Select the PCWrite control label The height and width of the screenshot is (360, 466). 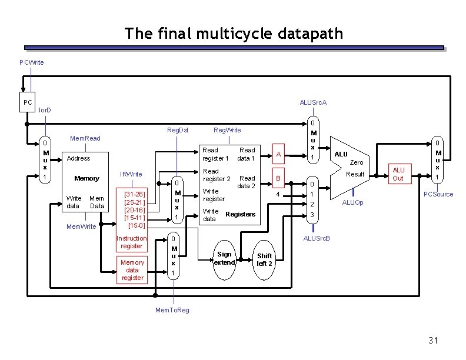click(x=31, y=62)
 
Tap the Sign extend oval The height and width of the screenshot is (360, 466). click(x=224, y=258)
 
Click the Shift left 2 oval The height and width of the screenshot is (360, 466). click(x=265, y=259)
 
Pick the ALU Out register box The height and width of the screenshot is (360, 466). click(x=398, y=175)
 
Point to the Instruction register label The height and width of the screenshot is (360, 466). click(x=132, y=242)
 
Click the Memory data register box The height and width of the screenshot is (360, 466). click(x=132, y=270)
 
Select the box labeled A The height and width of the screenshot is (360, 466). click(x=279, y=154)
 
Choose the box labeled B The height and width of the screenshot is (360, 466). click(x=279, y=178)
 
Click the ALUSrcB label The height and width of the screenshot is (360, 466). click(x=316, y=238)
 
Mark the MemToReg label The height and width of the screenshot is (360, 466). click(x=172, y=310)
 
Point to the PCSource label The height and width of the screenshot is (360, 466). click(x=438, y=194)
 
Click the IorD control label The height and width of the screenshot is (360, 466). click(x=45, y=110)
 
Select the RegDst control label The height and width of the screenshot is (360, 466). click(x=178, y=129)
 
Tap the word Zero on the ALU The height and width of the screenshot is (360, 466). click(x=357, y=162)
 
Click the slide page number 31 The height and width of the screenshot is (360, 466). click(x=434, y=341)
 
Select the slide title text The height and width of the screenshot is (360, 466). click(x=233, y=34)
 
